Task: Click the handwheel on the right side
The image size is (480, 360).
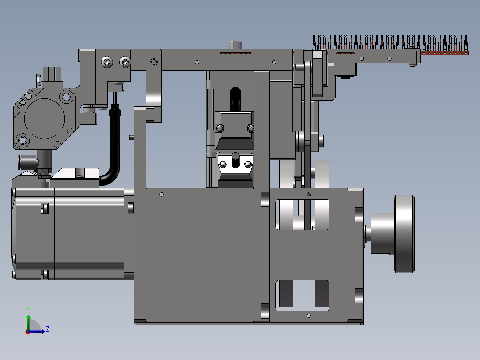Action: (x=404, y=234)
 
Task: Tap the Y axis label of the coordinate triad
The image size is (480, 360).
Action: (x=28, y=310)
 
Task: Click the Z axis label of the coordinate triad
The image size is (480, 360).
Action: (x=48, y=329)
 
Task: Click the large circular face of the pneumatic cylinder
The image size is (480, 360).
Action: (x=45, y=119)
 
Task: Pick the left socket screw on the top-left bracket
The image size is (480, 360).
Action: (x=107, y=62)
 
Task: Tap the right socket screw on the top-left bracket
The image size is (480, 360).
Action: (x=125, y=62)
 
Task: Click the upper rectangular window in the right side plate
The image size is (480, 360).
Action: (x=302, y=214)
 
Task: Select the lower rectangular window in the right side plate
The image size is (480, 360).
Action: (x=302, y=295)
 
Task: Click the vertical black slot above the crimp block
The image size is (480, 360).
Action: (x=235, y=99)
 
